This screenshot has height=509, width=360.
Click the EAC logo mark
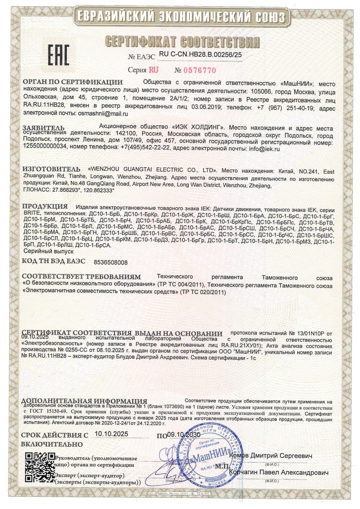(x=58, y=54)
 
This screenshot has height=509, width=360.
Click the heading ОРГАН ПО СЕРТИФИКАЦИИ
(x=73, y=82)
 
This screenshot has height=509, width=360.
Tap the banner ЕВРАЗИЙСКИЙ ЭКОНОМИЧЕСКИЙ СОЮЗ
(x=180, y=17)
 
